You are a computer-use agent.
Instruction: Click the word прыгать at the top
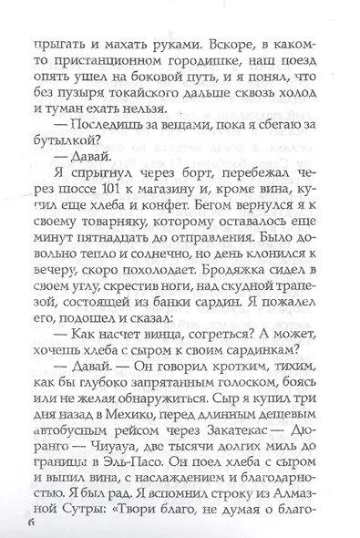point(58,45)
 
